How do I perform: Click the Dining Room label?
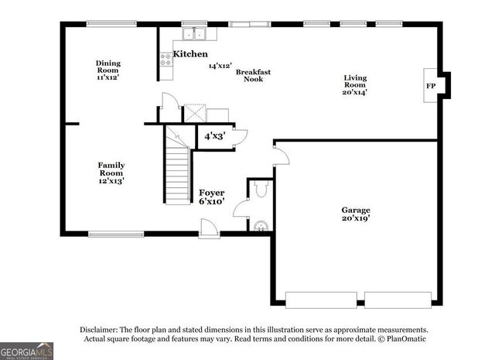click(108, 70)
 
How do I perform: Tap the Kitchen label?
click(189, 54)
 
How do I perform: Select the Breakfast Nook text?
click(252, 75)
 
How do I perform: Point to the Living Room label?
click(355, 84)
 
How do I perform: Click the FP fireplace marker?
click(430, 85)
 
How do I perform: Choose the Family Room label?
click(111, 172)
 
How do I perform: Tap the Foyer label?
click(211, 196)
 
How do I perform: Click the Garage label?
click(356, 214)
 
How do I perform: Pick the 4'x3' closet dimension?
click(213, 136)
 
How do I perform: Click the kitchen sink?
click(193, 34)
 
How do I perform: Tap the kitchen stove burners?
click(166, 59)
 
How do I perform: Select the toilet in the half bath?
click(260, 188)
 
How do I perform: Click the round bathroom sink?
click(261, 226)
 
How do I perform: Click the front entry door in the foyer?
click(208, 228)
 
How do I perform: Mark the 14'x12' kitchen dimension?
click(220, 67)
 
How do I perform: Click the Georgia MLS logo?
click(26, 351)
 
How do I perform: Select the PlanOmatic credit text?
click(403, 338)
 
